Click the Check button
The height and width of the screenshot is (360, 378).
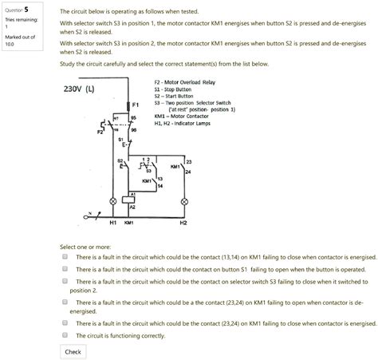73,351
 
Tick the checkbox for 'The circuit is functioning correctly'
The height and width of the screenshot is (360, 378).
65,336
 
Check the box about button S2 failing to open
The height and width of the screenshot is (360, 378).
65,270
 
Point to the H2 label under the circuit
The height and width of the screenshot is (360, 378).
183,224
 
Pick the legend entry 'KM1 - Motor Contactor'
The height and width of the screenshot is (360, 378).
178,116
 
